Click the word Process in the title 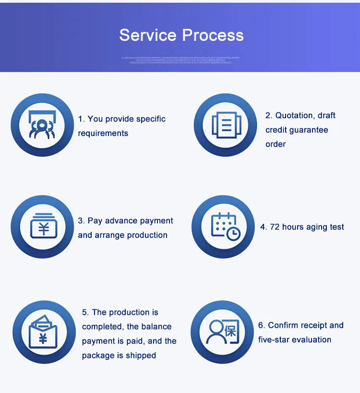tap(213, 35)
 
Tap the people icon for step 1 tap(42, 124)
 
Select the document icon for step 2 tap(225, 125)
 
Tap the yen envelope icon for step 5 tap(43, 331)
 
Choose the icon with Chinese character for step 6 tap(222, 331)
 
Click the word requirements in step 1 tap(103, 133)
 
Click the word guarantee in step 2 tap(309, 130)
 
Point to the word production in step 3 tap(146, 235)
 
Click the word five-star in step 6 tap(274, 340)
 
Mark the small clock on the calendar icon tap(233, 233)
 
